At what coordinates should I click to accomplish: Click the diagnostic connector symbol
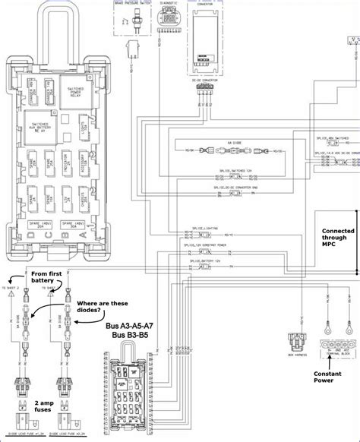coord(168,24)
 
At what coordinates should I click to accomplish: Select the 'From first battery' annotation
coord(49,278)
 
